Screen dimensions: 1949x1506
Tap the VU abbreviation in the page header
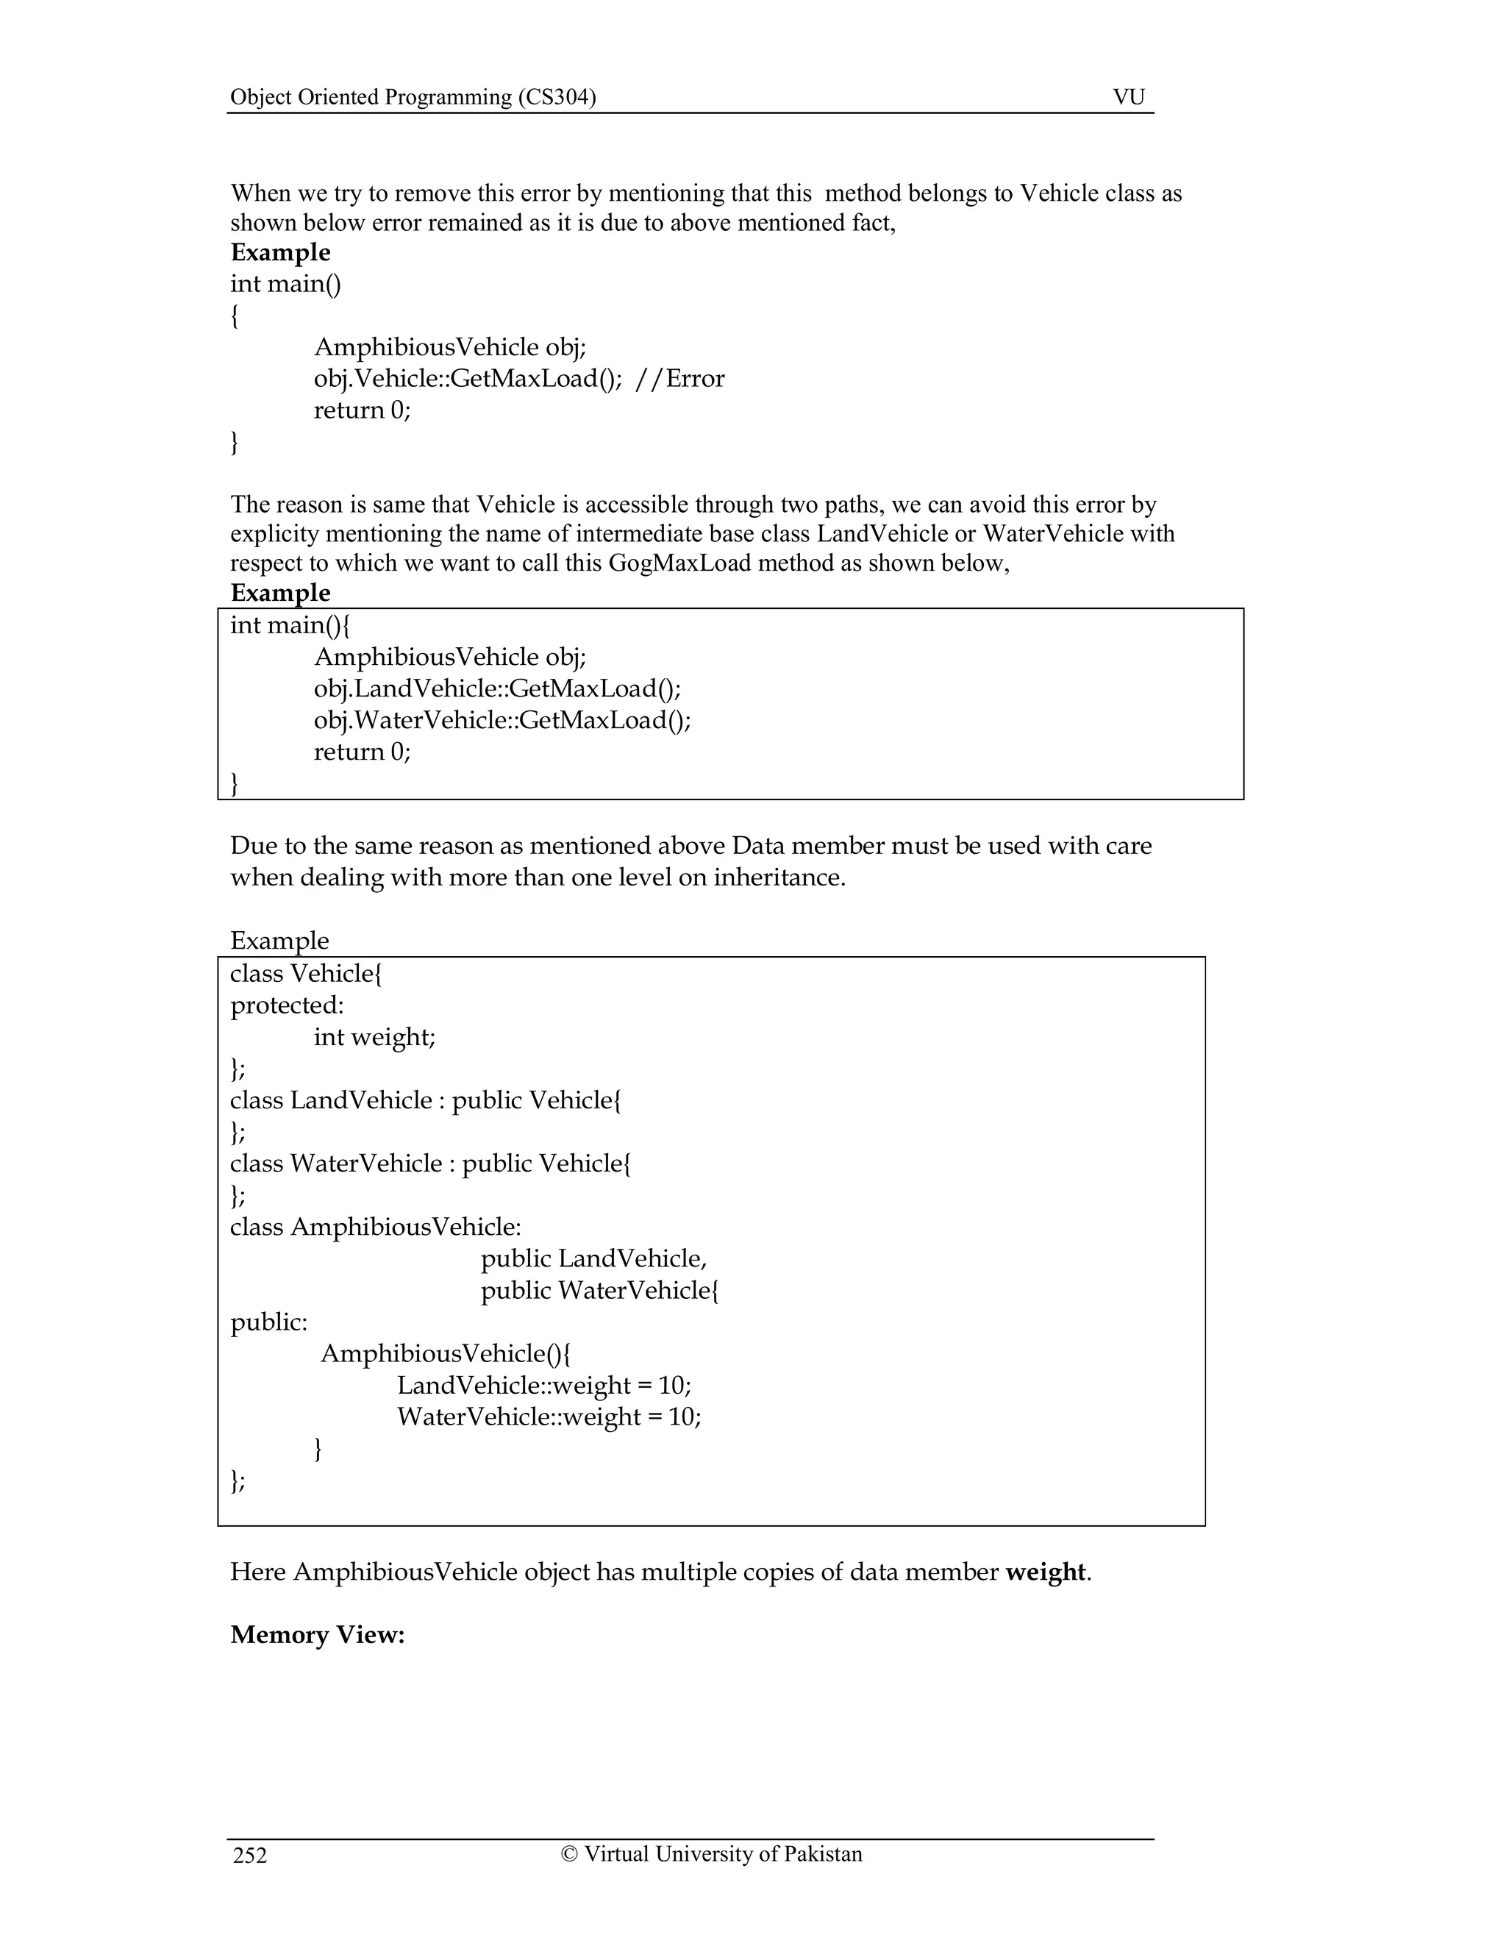point(1128,96)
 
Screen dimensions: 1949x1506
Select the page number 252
point(250,1856)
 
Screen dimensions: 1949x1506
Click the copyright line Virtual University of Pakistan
point(711,1853)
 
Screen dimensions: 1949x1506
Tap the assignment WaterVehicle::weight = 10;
point(549,1417)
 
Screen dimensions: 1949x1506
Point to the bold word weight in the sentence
point(1045,1572)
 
